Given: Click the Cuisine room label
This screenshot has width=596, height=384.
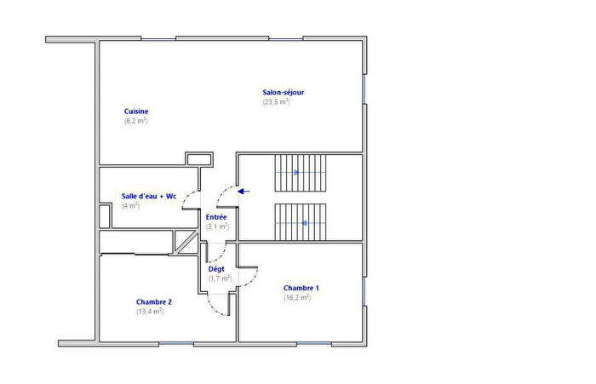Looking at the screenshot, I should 137,112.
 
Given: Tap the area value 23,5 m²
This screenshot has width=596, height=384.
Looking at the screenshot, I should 277,102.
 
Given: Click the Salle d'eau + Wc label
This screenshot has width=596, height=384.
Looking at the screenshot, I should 149,196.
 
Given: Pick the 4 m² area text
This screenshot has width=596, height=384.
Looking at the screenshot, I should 130,206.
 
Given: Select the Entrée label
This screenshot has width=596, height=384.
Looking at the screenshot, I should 216,217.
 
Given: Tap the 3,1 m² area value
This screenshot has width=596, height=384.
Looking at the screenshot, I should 217,226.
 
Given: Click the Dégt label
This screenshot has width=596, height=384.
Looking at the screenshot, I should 216,269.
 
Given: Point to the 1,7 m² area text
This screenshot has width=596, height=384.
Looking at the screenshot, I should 220,278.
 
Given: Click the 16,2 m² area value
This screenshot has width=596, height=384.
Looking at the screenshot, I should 297,297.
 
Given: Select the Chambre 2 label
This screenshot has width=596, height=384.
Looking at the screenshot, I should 153,301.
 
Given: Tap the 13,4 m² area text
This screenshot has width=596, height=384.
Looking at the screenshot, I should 150,311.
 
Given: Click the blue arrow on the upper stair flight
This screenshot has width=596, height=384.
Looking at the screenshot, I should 295,172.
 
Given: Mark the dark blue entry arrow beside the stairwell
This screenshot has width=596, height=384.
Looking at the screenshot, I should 244,191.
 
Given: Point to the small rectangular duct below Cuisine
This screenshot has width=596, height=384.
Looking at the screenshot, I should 198,159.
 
